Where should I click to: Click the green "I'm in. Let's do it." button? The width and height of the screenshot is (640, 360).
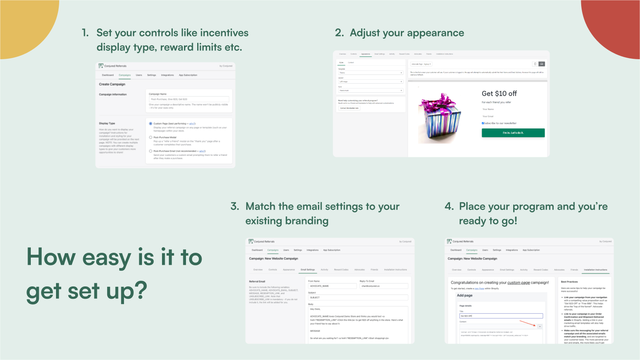[513, 133]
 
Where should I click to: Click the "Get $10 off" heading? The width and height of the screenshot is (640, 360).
[499, 94]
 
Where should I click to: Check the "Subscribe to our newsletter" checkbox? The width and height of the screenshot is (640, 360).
[483, 123]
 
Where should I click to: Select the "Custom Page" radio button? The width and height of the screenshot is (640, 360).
[151, 124]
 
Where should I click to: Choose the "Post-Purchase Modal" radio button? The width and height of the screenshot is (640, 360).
[151, 137]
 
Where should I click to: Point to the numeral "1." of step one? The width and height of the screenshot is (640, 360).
[85, 33]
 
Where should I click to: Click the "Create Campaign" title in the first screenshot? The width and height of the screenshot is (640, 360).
[112, 84]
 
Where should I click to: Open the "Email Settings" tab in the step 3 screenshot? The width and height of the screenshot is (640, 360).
[308, 270]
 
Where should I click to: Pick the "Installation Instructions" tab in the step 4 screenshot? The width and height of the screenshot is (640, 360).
[595, 270]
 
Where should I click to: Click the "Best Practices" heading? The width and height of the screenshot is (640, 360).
[569, 282]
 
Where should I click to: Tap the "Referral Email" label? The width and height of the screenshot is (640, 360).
[257, 282]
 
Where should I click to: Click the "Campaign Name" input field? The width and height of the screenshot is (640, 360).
[189, 99]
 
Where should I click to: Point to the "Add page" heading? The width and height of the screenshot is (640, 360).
[464, 296]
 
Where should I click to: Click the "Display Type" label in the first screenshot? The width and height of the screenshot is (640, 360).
[107, 123]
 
